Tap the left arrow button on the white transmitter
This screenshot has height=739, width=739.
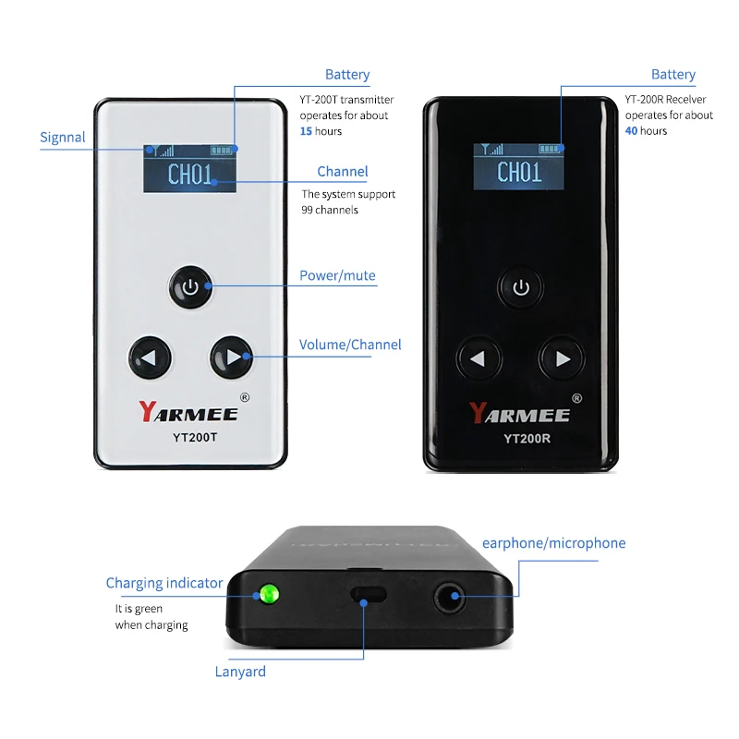150,357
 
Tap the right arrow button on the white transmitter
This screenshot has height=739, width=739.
232,357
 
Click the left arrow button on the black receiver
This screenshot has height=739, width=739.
479,358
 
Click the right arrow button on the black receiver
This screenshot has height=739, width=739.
562,358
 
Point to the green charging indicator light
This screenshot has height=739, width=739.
269,594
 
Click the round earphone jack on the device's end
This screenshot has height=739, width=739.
449,598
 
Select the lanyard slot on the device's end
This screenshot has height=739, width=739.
368,594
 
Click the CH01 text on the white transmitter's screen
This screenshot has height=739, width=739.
190,175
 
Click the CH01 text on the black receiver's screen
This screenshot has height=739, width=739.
519,172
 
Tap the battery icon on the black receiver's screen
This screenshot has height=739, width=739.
549,149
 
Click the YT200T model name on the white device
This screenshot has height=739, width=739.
195,438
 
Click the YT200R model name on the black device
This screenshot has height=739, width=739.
527,439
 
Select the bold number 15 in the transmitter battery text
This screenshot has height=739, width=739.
306,131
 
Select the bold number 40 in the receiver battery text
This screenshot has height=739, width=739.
631,130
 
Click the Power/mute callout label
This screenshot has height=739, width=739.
337,275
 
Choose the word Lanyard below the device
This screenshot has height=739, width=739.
240,672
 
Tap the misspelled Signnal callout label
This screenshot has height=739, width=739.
63,137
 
